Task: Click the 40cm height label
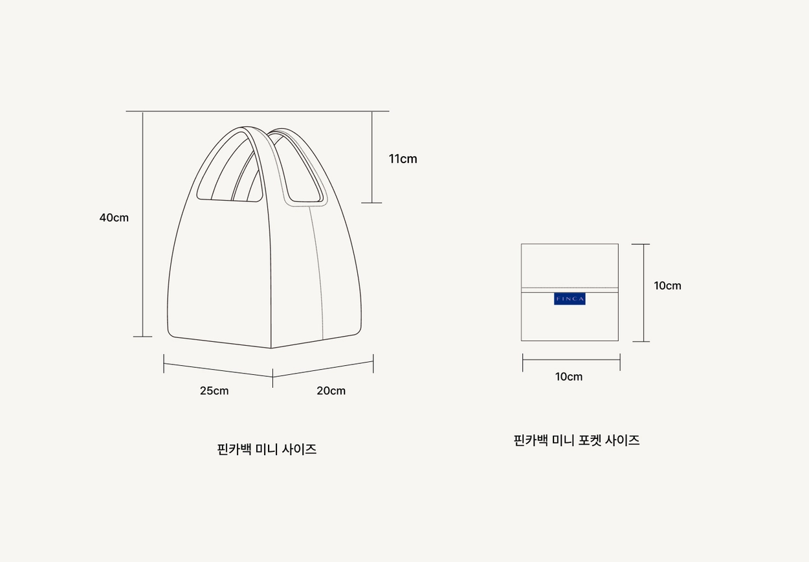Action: (x=114, y=218)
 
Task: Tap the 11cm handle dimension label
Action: (x=403, y=159)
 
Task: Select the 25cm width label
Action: (x=214, y=390)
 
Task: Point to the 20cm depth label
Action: (x=331, y=390)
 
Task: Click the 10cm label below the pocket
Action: (x=569, y=377)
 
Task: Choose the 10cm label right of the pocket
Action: (x=667, y=286)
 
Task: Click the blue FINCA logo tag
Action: (x=570, y=299)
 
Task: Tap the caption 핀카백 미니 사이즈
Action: (x=267, y=449)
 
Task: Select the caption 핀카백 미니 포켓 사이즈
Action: (x=577, y=440)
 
